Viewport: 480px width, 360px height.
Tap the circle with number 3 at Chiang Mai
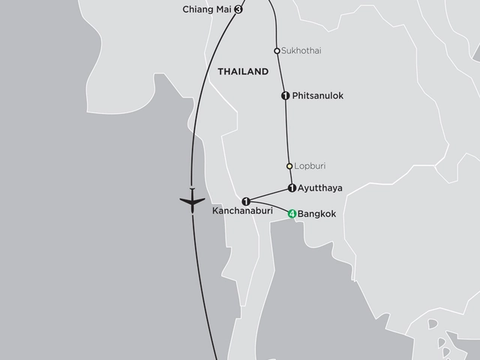click(x=238, y=10)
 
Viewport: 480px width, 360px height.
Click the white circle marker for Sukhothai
click(x=277, y=51)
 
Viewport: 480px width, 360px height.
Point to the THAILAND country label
click(x=242, y=72)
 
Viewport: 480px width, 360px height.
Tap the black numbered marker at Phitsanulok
click(x=285, y=96)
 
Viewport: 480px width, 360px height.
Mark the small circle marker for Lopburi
click(x=289, y=166)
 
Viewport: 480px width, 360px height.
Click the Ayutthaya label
click(x=320, y=188)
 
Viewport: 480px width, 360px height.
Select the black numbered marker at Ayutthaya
click(x=291, y=188)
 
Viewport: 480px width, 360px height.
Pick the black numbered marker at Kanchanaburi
click(x=246, y=200)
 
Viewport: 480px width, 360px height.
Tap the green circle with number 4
click(x=292, y=214)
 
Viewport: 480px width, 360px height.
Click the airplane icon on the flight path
click(x=193, y=202)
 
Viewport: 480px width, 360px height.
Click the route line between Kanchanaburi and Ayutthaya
click(x=268, y=194)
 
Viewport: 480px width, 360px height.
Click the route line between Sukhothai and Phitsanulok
click(x=281, y=73)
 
